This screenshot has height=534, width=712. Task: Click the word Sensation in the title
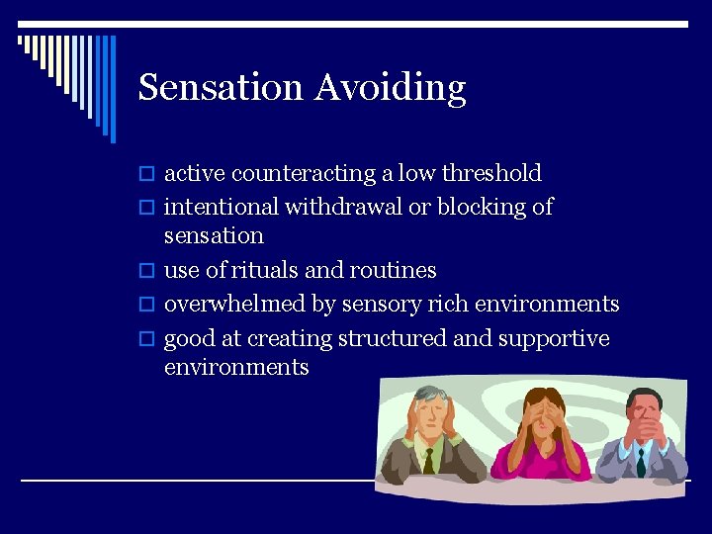point(221,87)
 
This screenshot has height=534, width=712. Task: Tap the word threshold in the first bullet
point(491,173)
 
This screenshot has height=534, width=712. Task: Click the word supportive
point(554,338)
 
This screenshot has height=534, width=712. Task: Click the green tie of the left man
point(428,459)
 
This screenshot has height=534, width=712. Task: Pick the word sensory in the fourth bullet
point(379,304)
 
